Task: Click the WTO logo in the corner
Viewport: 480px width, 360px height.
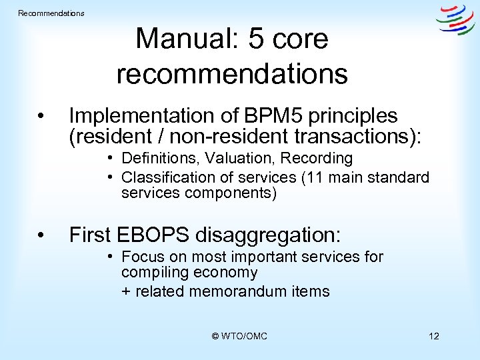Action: point(455,19)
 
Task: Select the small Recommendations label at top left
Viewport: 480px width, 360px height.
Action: point(51,13)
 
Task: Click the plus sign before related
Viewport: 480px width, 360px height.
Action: point(126,292)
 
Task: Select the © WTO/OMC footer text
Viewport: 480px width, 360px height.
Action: point(239,337)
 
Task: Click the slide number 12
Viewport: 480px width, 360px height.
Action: point(433,337)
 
